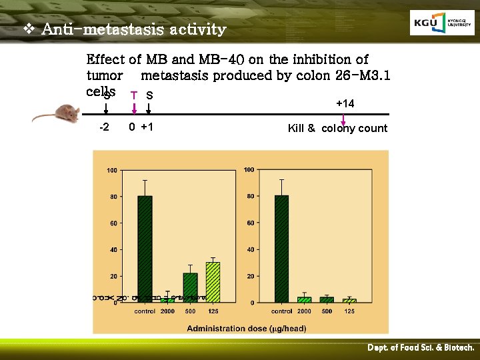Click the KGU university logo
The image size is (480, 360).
[442, 23]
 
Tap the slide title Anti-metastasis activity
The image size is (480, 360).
[133, 30]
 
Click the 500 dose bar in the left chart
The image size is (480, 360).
[190, 287]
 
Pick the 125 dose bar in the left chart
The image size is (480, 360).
[213, 282]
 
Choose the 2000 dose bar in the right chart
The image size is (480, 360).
[304, 299]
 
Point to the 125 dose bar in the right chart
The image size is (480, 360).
[349, 301]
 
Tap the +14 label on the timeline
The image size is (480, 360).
[345, 103]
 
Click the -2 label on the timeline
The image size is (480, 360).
[105, 127]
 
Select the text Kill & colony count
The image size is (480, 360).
[337, 128]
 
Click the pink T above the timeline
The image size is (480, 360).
[134, 95]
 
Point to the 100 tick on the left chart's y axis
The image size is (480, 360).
[112, 171]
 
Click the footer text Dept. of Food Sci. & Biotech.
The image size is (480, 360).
[421, 348]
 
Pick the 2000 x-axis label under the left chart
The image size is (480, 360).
[168, 311]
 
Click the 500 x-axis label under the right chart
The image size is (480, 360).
[327, 311]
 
